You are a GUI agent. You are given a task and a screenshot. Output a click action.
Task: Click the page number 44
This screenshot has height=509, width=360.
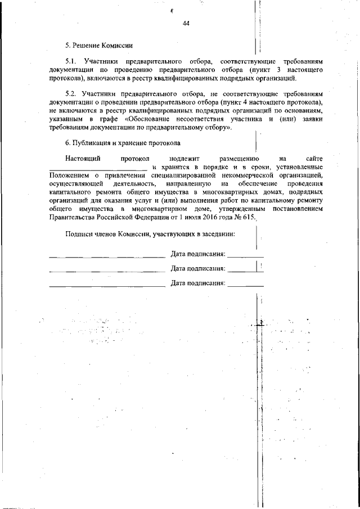186,24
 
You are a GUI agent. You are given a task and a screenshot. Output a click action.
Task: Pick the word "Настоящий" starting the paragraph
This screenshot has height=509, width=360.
83,159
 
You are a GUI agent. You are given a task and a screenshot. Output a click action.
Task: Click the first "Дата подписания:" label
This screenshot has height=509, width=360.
198,255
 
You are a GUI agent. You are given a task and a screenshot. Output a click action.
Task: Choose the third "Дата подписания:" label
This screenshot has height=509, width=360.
198,284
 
